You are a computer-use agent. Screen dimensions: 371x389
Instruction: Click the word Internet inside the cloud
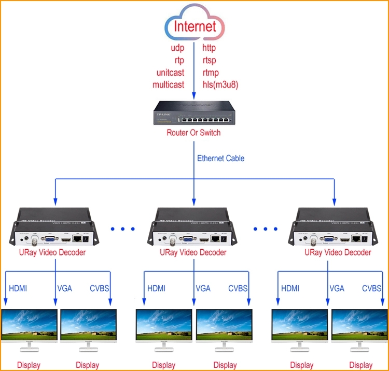point(195,26)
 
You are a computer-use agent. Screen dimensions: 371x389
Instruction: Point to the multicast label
point(168,84)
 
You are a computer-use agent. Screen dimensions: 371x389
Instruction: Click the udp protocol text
point(177,48)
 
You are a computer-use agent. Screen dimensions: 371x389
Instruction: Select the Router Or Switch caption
point(193,133)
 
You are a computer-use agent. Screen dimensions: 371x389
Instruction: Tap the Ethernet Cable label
point(220,158)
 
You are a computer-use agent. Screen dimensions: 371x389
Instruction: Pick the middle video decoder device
point(193,226)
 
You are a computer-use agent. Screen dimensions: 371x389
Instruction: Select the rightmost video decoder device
point(332,226)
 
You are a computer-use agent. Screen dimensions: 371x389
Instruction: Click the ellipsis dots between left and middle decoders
point(123,228)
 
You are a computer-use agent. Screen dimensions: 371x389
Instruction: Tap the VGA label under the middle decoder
point(203,289)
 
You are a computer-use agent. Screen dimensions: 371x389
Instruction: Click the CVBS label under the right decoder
point(372,289)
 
